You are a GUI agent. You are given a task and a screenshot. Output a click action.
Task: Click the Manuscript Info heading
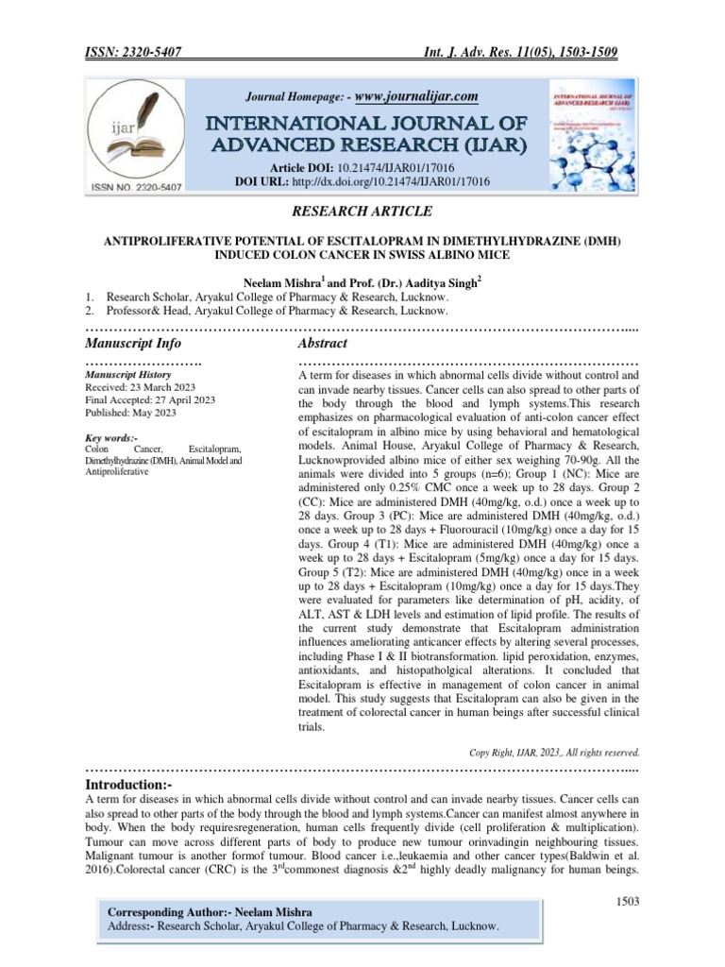pyautogui.click(x=133, y=342)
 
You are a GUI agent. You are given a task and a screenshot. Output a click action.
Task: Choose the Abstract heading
pyautogui.click(x=323, y=342)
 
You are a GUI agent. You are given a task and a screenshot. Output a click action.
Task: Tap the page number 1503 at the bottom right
pyautogui.click(x=623, y=902)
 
